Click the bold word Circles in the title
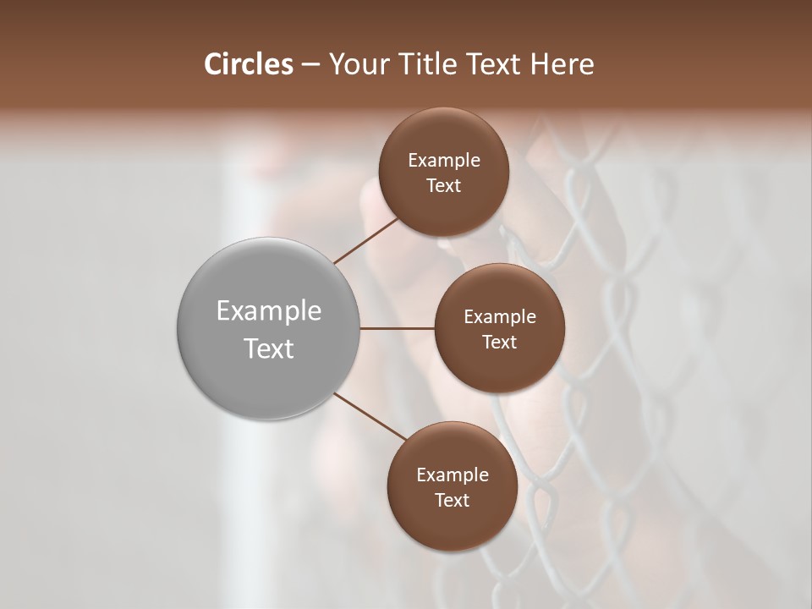click(x=248, y=64)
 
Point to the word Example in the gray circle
click(x=269, y=311)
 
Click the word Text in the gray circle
click(x=269, y=348)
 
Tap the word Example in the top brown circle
click(x=443, y=161)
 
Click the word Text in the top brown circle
click(x=443, y=186)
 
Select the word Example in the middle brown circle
click(x=499, y=317)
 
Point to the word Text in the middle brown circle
click(x=499, y=343)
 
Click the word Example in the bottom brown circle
click(x=452, y=475)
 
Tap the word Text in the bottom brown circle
click(x=452, y=501)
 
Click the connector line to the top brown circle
click(x=366, y=240)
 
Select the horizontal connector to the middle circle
click(x=397, y=328)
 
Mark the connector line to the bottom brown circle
click(x=370, y=415)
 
